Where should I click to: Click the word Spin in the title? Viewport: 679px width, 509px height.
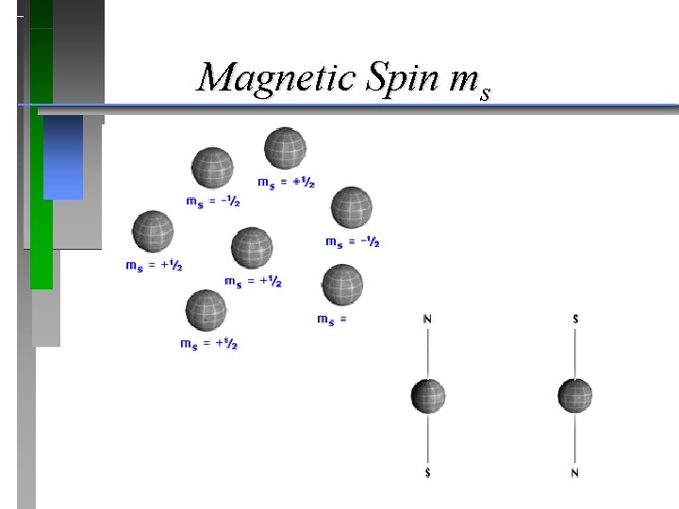point(395,77)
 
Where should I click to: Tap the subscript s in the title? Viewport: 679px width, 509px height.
point(484,93)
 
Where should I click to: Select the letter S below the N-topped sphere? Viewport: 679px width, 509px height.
point(428,472)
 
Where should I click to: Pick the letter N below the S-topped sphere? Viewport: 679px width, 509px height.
point(574,472)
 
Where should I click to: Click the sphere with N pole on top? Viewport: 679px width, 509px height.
point(428,395)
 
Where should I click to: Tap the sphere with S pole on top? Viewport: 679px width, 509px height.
point(574,395)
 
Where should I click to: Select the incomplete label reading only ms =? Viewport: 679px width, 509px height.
point(332,320)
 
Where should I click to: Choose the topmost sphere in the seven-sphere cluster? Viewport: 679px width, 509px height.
point(285,147)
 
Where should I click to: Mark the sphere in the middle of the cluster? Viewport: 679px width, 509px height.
point(252,248)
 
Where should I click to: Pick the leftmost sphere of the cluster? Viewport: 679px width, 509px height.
point(153,231)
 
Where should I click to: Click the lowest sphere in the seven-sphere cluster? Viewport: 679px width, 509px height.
point(206,309)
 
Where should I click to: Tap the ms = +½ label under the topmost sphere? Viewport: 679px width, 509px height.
point(286,182)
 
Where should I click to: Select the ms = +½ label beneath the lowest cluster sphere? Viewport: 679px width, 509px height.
point(208,344)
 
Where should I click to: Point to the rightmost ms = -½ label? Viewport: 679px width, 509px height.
point(353,242)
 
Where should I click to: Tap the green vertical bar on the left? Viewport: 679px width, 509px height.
point(41,189)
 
